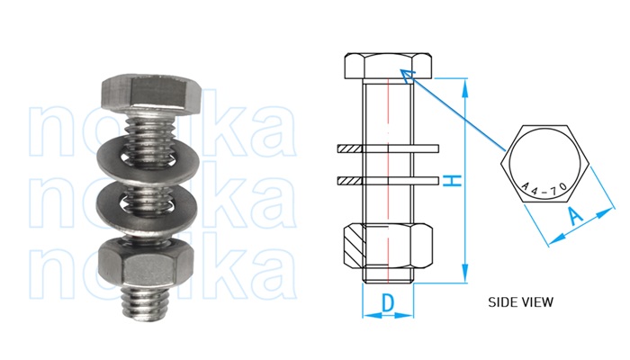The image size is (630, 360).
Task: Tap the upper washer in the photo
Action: tap(144, 154)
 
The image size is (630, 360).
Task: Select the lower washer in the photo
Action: tap(143, 205)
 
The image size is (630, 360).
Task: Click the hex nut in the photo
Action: tap(144, 264)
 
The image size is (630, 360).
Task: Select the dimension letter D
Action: tap(388, 304)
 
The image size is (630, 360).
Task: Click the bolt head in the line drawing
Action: tap(388, 67)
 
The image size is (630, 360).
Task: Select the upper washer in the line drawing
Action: tap(388, 147)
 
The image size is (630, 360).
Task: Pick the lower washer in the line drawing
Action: tap(388, 181)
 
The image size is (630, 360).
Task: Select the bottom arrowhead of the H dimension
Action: tap(466, 275)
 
